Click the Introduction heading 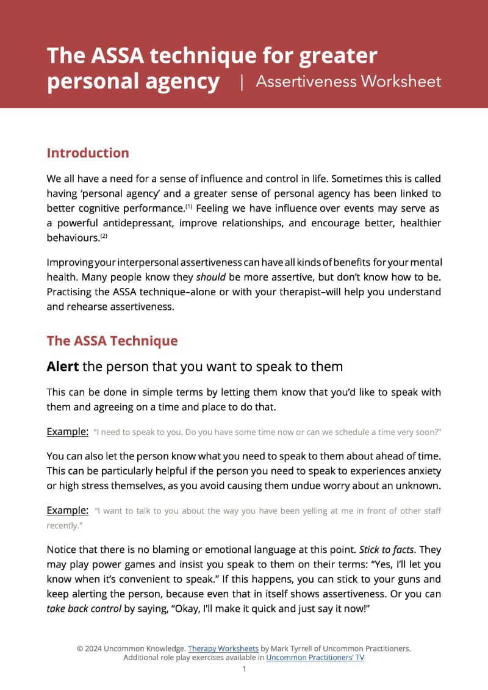(88, 153)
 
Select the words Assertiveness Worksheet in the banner (348, 82)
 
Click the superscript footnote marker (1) (189, 206)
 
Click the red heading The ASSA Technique (112, 341)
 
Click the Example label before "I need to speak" (68, 432)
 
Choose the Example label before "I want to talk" (68, 510)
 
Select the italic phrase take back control (84, 608)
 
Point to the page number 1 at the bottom (244, 669)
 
